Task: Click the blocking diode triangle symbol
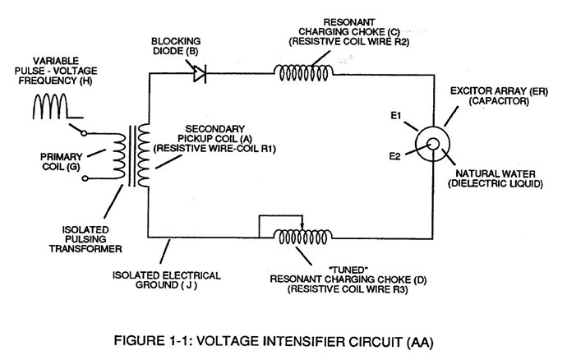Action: coord(200,74)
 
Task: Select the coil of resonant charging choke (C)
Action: coord(303,73)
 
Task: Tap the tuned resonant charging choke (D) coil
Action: coord(302,238)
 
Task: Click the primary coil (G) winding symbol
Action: coord(119,156)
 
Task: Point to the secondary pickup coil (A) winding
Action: coord(144,155)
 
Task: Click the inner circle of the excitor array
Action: coord(433,144)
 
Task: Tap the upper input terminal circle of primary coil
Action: coord(84,133)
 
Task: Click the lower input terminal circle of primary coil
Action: coord(85,178)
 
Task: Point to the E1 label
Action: coord(396,116)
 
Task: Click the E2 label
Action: coord(395,156)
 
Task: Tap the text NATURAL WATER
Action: coord(496,173)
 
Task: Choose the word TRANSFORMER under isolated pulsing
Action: coord(85,249)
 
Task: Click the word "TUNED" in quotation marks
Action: coord(348,270)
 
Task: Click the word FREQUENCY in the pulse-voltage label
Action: coord(48,81)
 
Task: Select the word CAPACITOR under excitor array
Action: coord(499,101)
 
